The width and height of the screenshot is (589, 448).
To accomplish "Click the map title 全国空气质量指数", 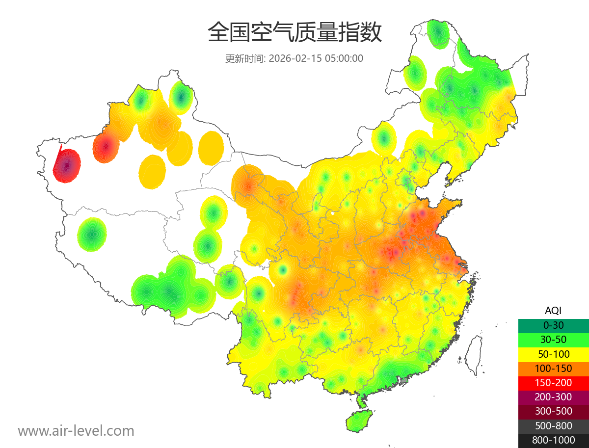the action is coord(294,33).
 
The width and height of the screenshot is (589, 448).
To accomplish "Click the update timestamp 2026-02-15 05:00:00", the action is coord(316,58).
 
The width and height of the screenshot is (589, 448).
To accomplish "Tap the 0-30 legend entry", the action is coord(553,325).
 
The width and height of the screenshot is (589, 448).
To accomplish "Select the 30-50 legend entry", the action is coord(553,340).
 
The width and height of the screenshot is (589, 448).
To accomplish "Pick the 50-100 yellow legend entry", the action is coord(553,354).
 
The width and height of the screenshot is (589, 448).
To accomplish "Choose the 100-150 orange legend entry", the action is coord(553,369).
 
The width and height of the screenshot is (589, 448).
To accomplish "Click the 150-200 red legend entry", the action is coord(553,383).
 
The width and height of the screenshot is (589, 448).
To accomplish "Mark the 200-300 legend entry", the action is coord(553,397).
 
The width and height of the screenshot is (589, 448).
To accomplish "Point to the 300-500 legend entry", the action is coord(553,412).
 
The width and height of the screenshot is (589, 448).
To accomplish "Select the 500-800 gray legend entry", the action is coord(553,426).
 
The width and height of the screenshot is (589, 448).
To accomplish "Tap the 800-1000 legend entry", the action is coord(553,440).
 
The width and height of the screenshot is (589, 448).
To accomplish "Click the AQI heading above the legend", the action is coord(553,311).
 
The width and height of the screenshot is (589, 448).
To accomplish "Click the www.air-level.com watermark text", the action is coord(76,431).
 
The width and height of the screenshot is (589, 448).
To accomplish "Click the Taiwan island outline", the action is coord(474,354).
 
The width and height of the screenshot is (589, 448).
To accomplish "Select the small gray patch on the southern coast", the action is coord(404,380).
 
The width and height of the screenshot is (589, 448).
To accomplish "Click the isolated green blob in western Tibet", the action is coord(92,235).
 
